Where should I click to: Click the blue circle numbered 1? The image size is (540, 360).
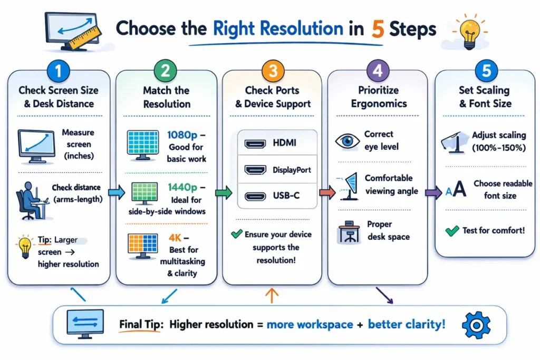pos(59,70)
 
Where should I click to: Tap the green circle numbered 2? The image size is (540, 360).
pos(165,70)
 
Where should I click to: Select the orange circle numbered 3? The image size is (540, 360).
pos(272,70)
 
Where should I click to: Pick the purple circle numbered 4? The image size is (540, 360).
pos(378,70)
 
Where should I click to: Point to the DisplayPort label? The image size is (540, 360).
pos(292,170)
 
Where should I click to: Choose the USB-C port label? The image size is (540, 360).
pos(286,196)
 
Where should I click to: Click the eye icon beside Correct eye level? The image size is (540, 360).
pos(346,142)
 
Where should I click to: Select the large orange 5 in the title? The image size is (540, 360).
pos(377,30)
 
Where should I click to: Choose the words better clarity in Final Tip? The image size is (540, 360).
pos(406,324)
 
